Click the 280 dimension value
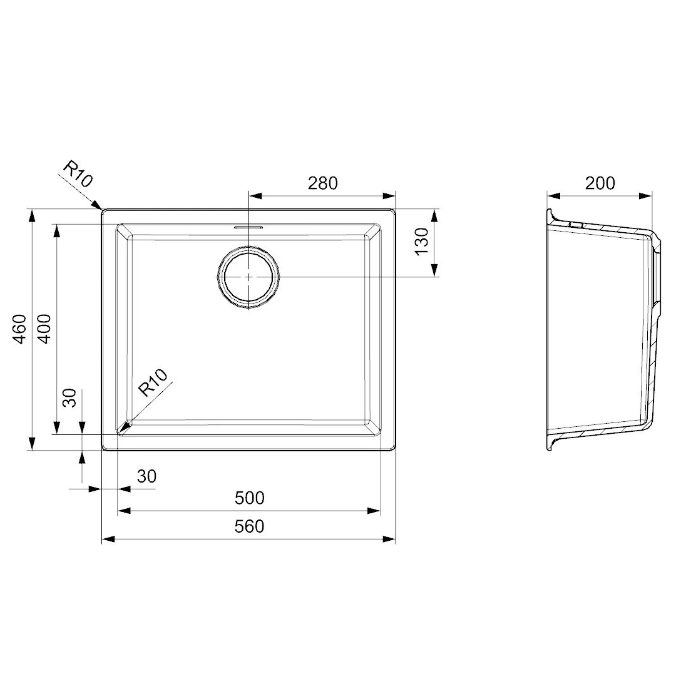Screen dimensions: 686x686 [x=322, y=183]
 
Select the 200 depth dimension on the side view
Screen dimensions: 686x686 [x=600, y=183]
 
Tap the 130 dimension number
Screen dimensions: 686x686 [x=422, y=241]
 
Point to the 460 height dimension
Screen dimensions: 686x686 [x=20, y=328]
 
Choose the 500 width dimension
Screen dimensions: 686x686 [x=249, y=498]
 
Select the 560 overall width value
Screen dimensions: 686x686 [x=249, y=526]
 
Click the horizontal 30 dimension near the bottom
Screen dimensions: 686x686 [x=146, y=476]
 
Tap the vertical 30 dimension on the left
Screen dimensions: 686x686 [x=70, y=397]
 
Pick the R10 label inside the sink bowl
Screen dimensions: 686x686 [x=153, y=383]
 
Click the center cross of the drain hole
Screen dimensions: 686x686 [x=249, y=277]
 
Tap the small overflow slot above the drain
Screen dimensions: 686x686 [x=249, y=227]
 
